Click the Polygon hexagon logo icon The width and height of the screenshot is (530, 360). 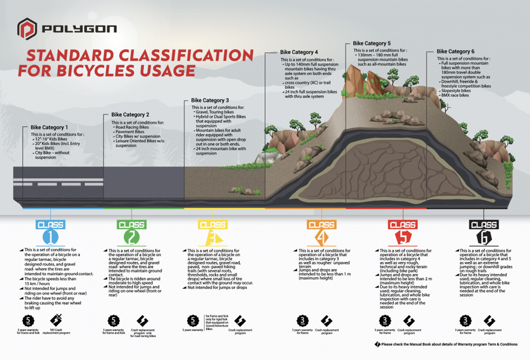point(26,29)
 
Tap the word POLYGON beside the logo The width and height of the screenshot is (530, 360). point(79,29)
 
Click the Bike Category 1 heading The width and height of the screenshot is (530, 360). point(49,127)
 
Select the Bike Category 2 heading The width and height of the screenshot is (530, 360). point(130,114)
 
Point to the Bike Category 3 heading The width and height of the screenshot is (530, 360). point(210,100)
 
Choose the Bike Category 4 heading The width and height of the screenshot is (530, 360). point(299,52)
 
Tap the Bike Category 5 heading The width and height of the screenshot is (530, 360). point(372,43)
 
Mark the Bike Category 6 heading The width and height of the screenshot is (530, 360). point(456,52)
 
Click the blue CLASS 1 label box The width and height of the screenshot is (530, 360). point(50,225)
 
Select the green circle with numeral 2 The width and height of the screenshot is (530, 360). point(132,238)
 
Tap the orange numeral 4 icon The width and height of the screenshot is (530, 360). point(321,238)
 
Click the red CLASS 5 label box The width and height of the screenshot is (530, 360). point(403,225)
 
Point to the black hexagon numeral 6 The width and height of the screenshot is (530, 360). point(484,238)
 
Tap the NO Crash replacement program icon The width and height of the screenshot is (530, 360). point(56,320)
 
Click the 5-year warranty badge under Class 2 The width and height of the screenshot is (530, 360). point(113,321)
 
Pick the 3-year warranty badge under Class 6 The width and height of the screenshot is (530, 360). point(466,321)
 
